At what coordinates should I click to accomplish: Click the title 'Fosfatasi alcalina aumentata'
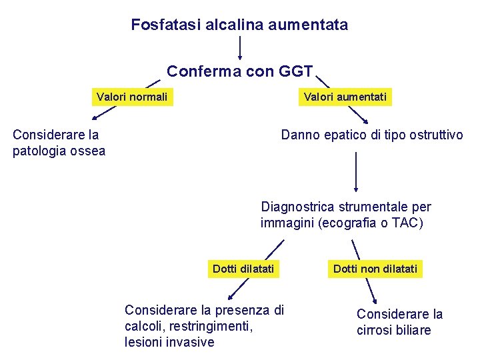tap(239, 25)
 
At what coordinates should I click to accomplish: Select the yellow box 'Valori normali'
tap(132, 97)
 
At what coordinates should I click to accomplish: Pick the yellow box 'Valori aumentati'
tap(345, 97)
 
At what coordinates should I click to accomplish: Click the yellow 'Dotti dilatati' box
tap(243, 269)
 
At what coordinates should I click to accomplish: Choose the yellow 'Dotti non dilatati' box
tap(375, 269)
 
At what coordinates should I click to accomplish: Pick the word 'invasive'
tap(191, 343)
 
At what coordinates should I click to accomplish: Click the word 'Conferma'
tap(197, 71)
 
